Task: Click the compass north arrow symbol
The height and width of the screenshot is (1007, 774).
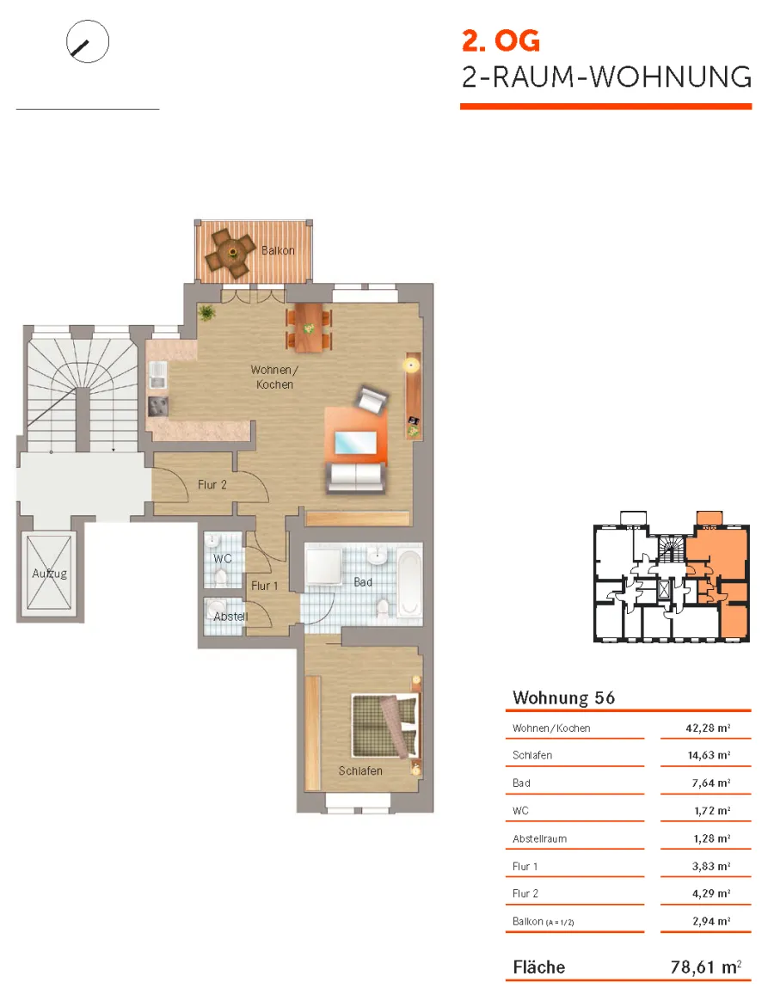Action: (88, 41)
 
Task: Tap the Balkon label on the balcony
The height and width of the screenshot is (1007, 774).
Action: (278, 250)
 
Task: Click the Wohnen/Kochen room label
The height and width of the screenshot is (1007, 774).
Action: (274, 377)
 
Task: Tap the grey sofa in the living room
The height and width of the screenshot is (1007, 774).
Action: (355, 477)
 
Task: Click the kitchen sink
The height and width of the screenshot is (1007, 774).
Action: (157, 374)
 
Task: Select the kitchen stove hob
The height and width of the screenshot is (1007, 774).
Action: (158, 406)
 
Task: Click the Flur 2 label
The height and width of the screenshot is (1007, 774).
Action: (212, 485)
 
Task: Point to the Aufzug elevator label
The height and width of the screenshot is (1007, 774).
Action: (50, 573)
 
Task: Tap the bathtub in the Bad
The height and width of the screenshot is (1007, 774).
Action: (408, 581)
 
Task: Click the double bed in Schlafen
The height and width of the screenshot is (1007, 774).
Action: (386, 726)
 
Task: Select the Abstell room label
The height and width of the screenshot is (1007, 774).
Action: (230, 617)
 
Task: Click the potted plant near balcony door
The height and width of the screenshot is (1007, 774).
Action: (206, 313)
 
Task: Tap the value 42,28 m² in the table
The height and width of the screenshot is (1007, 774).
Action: (708, 728)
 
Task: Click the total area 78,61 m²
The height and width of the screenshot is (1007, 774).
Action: (706, 967)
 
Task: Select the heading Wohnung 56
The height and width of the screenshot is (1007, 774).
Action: (564, 698)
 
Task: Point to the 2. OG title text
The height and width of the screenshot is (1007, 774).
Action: (501, 41)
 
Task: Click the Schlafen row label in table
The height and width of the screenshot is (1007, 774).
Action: (532, 755)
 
